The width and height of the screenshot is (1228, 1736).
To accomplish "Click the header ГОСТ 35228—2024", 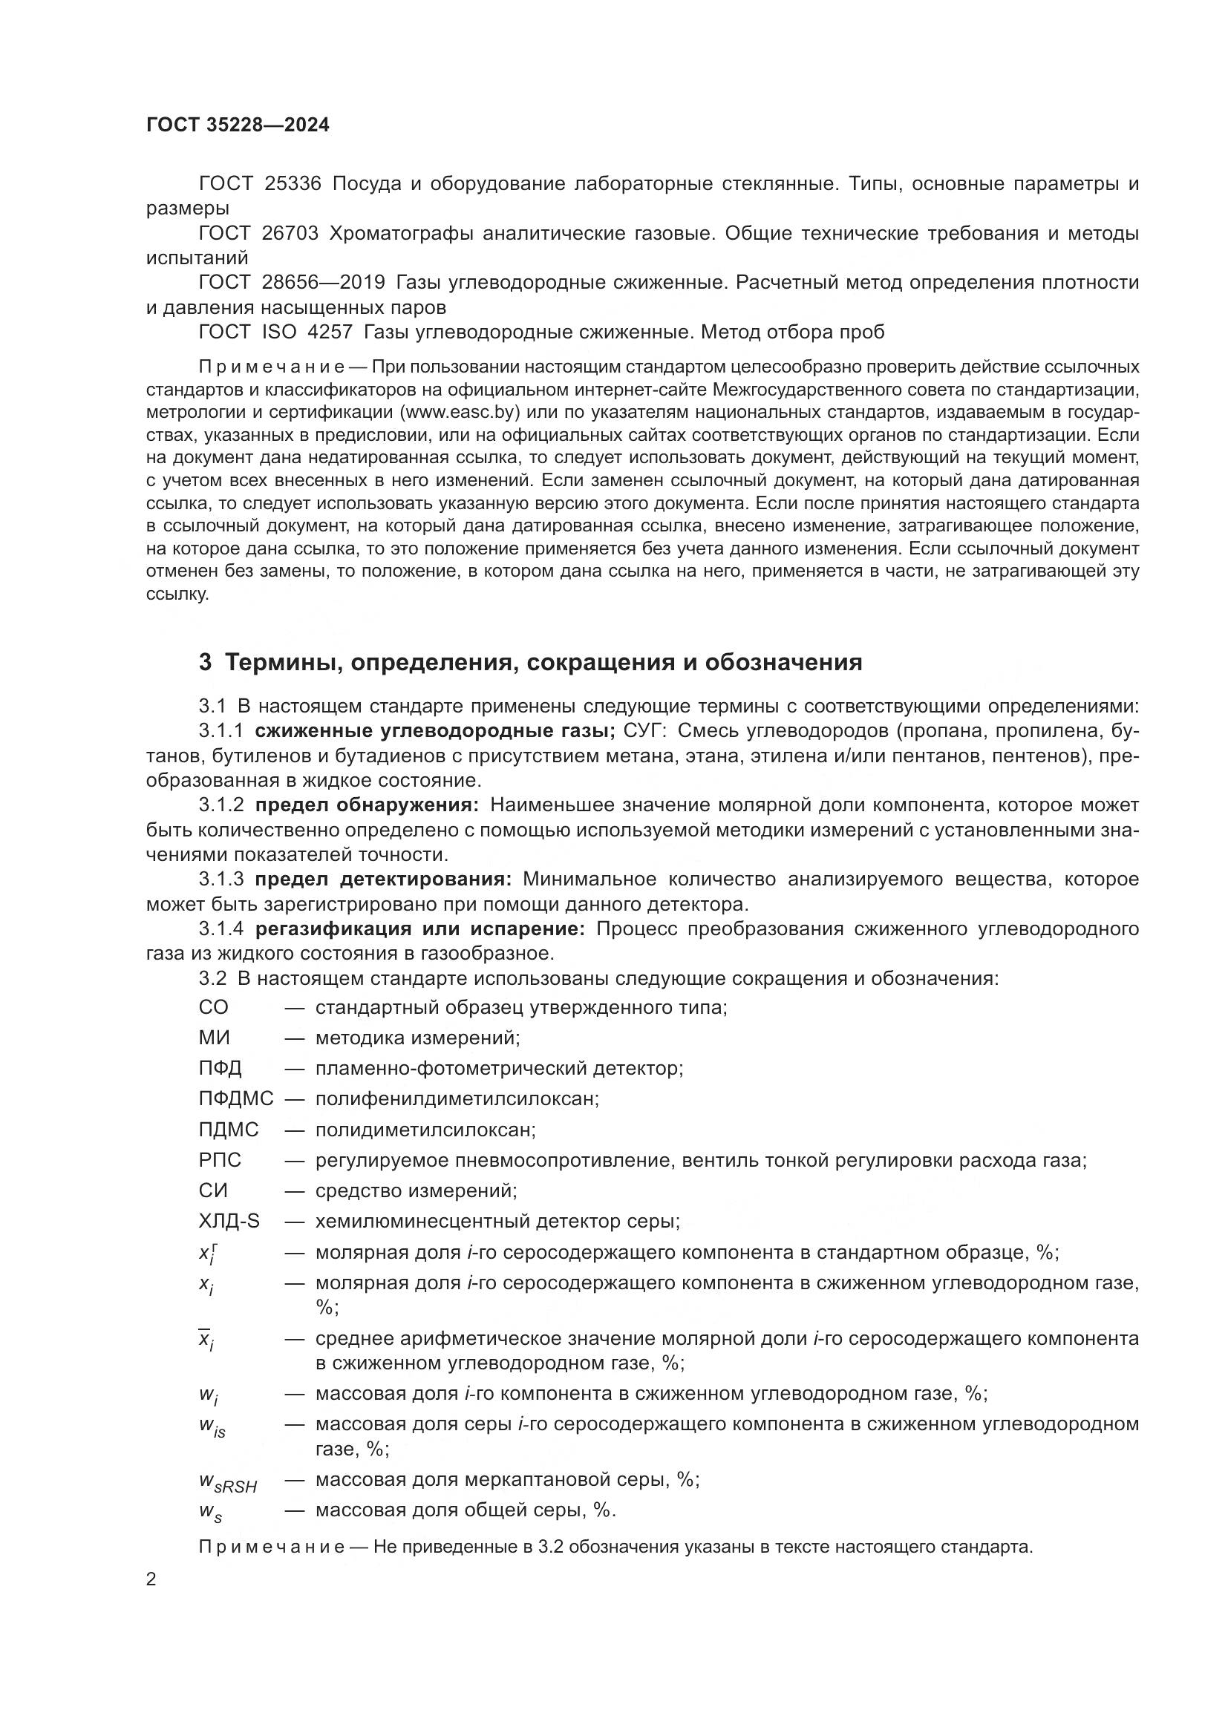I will click(x=238, y=125).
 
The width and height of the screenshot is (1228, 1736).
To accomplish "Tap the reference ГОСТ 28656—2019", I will click(x=292, y=283).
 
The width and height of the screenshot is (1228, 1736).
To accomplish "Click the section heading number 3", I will click(x=205, y=662).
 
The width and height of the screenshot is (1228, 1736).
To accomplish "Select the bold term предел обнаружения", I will click(x=367, y=805).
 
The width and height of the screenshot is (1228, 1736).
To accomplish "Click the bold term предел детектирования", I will click(x=383, y=880).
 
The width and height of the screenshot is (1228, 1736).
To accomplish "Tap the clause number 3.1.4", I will click(x=221, y=929).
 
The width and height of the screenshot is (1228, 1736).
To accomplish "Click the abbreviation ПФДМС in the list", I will click(x=236, y=1098).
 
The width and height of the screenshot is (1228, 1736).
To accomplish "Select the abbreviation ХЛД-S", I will click(x=229, y=1221).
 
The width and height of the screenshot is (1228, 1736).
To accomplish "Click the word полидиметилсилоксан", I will click(x=425, y=1130).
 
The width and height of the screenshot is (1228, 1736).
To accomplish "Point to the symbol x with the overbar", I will click(x=206, y=1340).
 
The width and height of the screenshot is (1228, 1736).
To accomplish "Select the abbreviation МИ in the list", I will click(x=214, y=1038).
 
